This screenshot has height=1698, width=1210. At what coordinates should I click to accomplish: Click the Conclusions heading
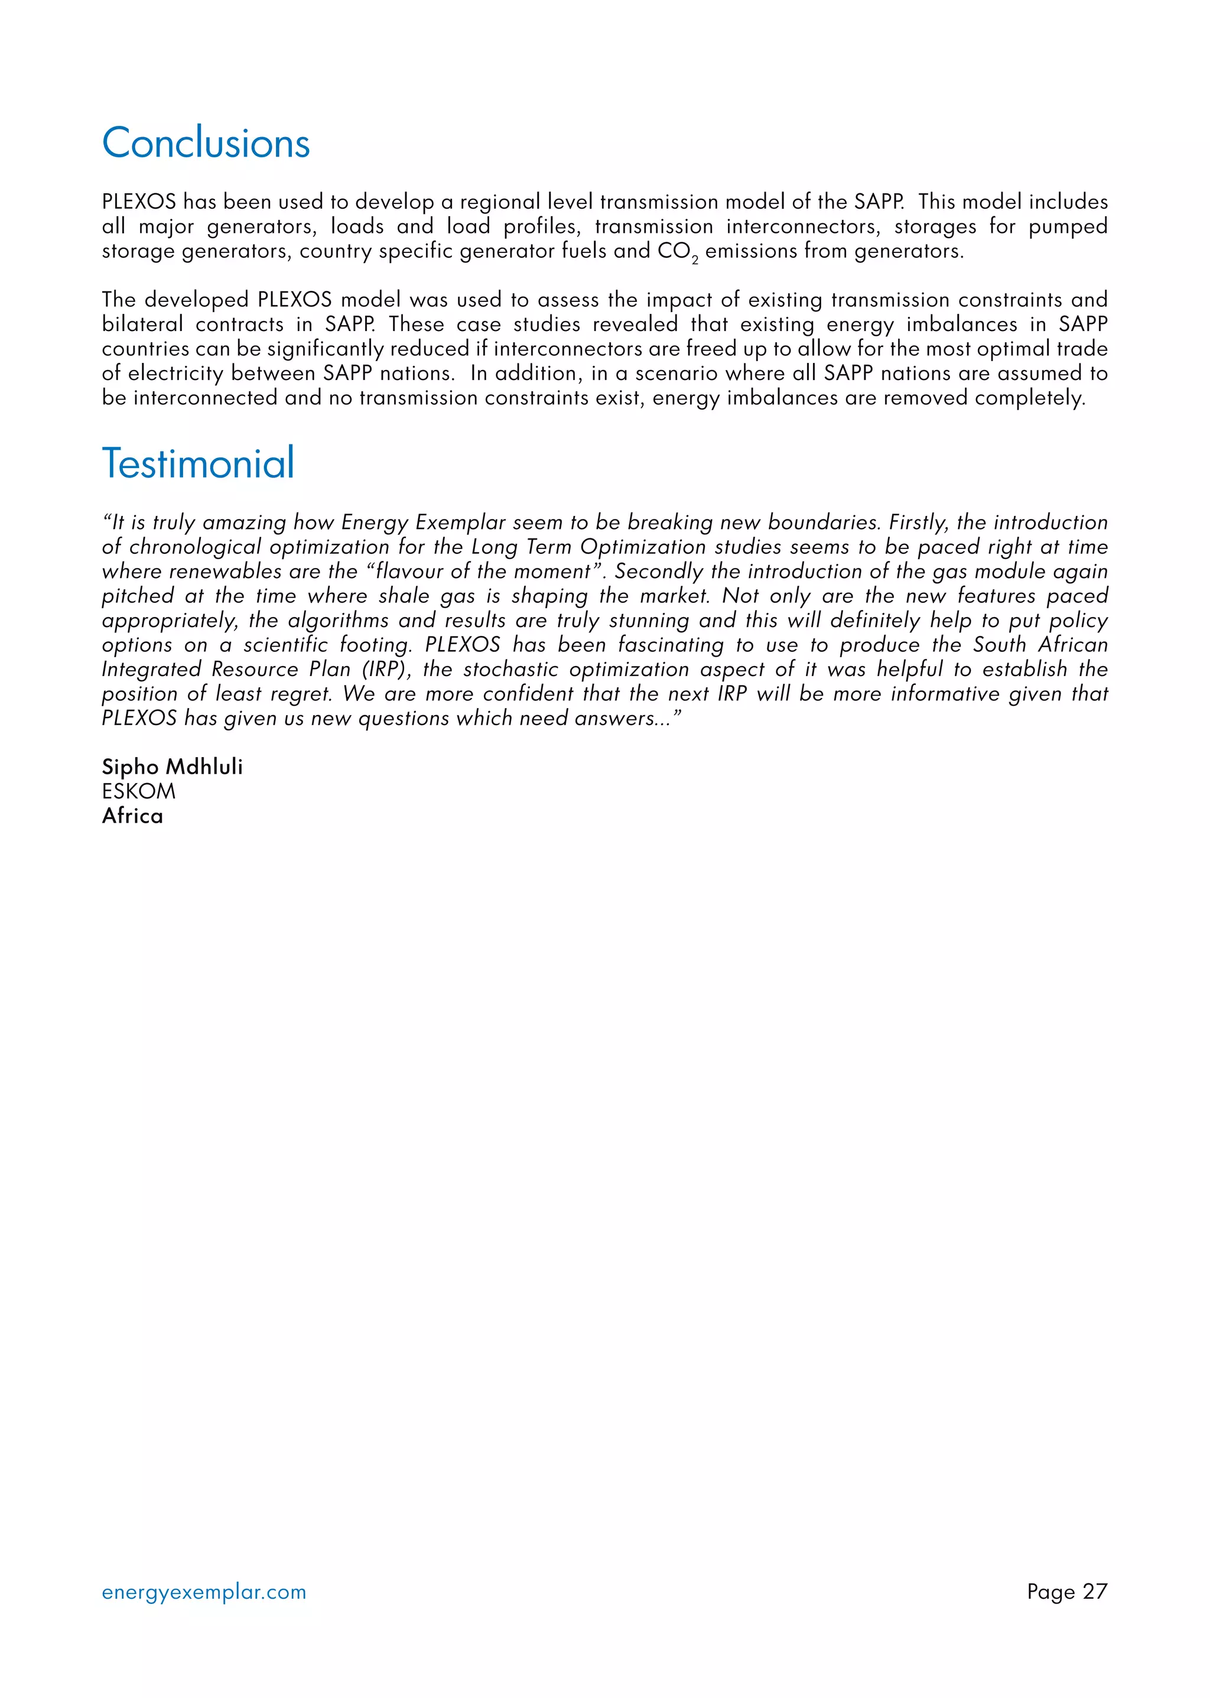coord(206,143)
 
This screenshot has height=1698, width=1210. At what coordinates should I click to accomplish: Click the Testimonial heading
coord(198,463)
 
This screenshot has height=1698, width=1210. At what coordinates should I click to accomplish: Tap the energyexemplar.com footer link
coord(204,1592)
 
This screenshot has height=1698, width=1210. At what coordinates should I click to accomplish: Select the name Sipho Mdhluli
coord(172,767)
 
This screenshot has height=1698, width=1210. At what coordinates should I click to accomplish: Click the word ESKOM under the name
coord(139,791)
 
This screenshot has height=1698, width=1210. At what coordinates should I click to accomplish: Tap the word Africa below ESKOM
coord(132,816)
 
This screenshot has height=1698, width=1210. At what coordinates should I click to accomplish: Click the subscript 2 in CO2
coord(695,260)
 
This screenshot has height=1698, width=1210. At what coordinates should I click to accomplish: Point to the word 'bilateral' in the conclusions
coord(142,324)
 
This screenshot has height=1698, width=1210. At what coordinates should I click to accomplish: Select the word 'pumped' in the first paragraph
coord(1068,226)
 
